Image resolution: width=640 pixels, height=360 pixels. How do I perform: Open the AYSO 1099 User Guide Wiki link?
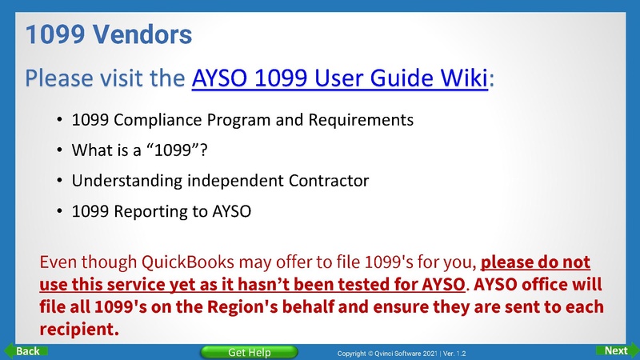coord(340,79)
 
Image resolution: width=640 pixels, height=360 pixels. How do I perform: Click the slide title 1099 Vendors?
coord(109,34)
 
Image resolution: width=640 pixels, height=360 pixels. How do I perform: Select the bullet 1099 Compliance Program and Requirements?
coord(242,120)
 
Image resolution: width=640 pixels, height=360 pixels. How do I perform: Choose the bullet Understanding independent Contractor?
coord(220,181)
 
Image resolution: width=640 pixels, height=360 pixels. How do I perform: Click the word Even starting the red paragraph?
coord(57,262)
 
